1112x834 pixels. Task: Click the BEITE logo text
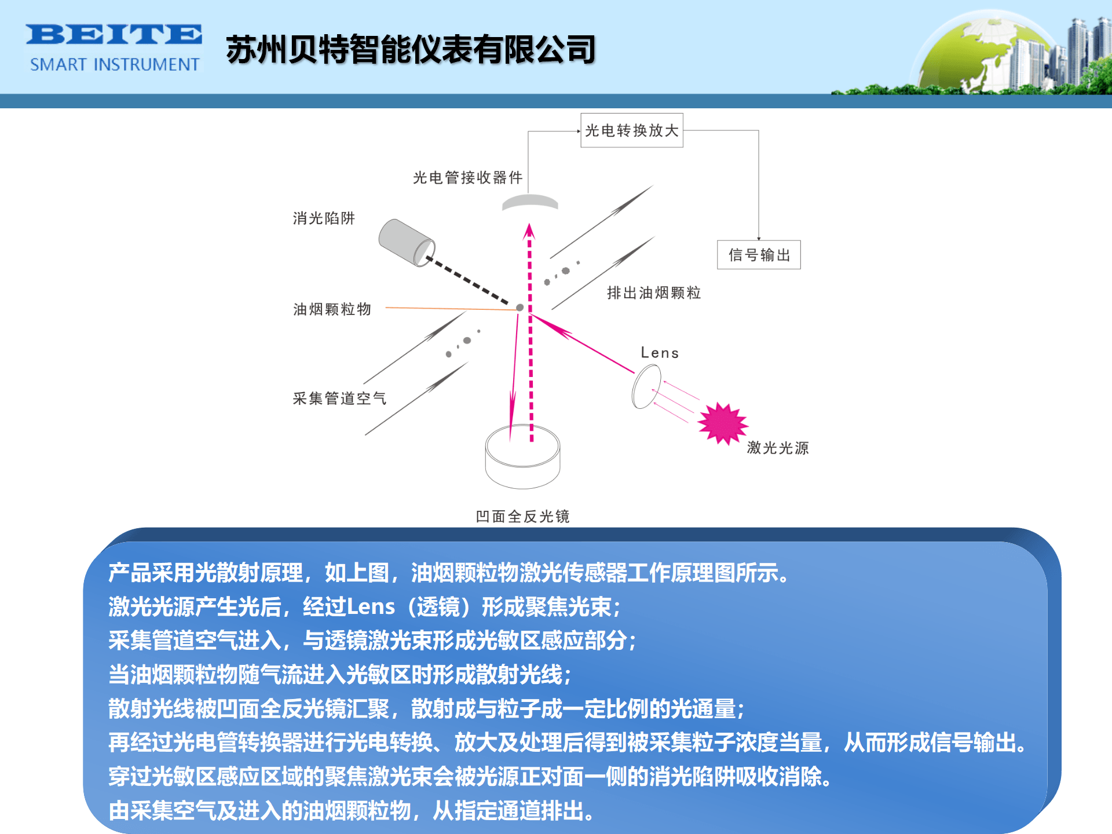[114, 35]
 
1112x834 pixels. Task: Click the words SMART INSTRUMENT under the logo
[115, 64]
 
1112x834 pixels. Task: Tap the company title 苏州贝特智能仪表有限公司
[411, 50]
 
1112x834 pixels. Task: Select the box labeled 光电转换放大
[631, 130]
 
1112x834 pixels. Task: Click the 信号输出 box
[759, 255]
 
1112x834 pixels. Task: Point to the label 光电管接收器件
[467, 177]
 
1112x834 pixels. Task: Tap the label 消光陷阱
[324, 218]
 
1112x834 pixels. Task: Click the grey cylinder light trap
[405, 242]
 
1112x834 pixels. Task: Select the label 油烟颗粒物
[332, 309]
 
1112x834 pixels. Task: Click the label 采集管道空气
[339, 398]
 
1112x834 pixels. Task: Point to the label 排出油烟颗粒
[654, 293]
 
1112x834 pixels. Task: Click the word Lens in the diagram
[660, 353]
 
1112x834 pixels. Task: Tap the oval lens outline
[646, 387]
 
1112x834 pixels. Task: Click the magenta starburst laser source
[722, 423]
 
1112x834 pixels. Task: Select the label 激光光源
[778, 448]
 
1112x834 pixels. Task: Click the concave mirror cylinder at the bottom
[522, 458]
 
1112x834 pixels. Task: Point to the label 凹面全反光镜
[522, 516]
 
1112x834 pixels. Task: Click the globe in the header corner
[979, 55]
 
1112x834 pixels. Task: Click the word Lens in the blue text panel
[371, 607]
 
